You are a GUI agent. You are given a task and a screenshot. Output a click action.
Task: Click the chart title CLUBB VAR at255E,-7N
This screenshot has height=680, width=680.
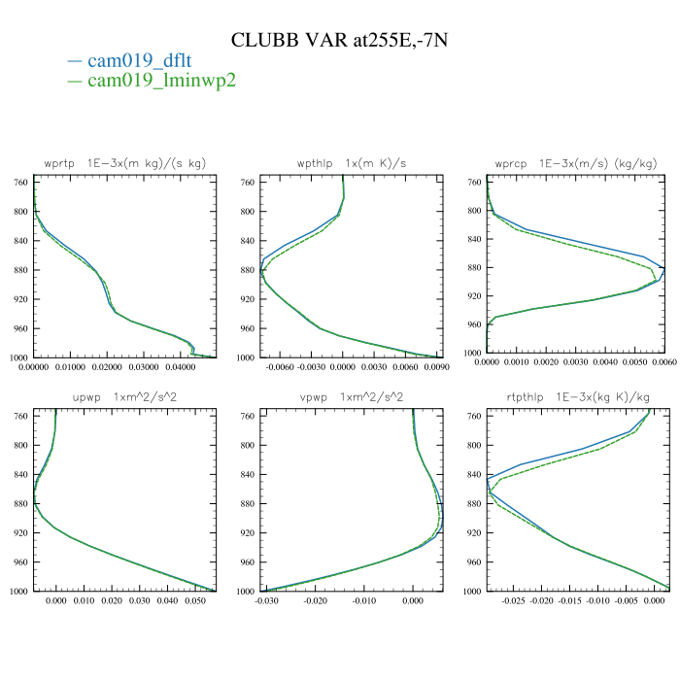(x=340, y=40)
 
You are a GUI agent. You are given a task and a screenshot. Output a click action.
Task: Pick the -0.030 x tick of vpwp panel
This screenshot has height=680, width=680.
(x=266, y=601)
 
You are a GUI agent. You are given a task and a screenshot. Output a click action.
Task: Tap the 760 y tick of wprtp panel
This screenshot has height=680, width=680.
(x=19, y=182)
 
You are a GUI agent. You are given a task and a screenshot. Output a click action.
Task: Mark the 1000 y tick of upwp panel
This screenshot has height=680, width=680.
(x=17, y=591)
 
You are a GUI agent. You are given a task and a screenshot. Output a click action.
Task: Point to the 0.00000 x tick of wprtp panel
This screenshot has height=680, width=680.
(x=34, y=368)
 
